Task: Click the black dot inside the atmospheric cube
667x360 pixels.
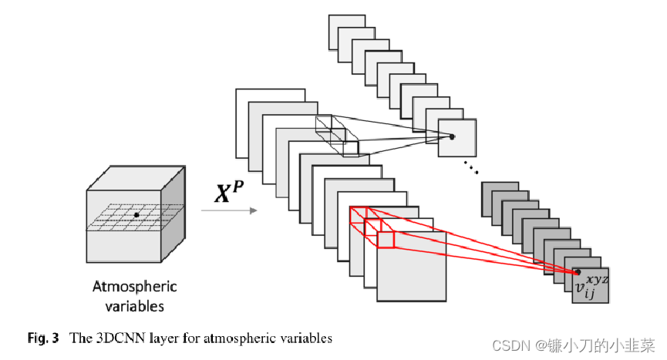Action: coord(136,214)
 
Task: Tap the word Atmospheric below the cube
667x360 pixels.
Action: coord(135,287)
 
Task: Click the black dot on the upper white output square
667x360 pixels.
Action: coord(453,136)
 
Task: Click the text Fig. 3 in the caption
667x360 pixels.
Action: coord(43,338)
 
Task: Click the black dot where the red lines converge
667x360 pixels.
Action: coord(577,271)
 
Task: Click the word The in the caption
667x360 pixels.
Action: coord(81,338)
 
